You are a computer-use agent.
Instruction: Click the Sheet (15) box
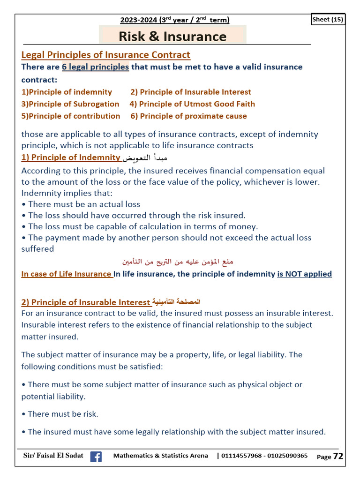(x=328, y=19)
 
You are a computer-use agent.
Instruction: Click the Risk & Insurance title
(x=172, y=36)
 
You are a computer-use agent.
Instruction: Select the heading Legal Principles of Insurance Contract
(x=106, y=55)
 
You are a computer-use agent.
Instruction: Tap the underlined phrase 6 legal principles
(x=95, y=67)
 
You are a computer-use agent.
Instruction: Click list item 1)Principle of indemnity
(x=67, y=92)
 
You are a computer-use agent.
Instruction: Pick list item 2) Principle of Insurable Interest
(x=191, y=92)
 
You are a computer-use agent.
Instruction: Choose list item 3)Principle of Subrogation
(x=70, y=104)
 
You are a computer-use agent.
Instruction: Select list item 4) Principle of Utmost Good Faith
(x=192, y=104)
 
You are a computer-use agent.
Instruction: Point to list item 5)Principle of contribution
(x=71, y=116)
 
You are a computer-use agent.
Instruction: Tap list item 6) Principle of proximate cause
(x=188, y=116)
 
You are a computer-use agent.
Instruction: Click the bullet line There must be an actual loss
(x=81, y=204)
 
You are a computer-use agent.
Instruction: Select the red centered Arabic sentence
(x=178, y=261)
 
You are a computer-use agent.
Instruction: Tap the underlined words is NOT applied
(x=304, y=274)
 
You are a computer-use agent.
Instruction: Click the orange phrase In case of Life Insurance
(x=67, y=274)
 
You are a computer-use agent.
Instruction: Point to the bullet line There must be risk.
(x=60, y=414)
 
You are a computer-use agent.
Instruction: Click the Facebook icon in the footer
(x=96, y=457)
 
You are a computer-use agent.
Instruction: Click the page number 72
(x=338, y=456)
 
